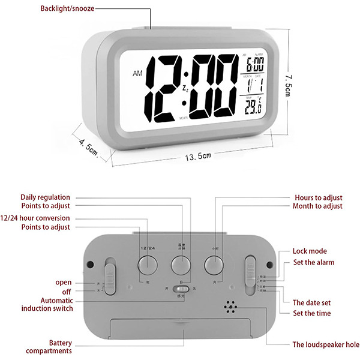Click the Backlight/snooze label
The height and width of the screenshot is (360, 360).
pyautogui.click(x=67, y=8)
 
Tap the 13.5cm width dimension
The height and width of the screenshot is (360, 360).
pyautogui.click(x=198, y=157)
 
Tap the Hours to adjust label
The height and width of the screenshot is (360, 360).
pyautogui.click(x=318, y=197)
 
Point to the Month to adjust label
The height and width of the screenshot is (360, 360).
pyautogui.click(x=318, y=206)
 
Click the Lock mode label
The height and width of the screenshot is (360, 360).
pyautogui.click(x=310, y=251)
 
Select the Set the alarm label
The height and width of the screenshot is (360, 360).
pyautogui.click(x=313, y=262)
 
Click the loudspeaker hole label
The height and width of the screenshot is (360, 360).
pyautogui.click(x=326, y=344)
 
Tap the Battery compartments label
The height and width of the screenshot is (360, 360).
pyautogui.click(x=52, y=346)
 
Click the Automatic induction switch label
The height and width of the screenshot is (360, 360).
pyautogui.click(x=47, y=304)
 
